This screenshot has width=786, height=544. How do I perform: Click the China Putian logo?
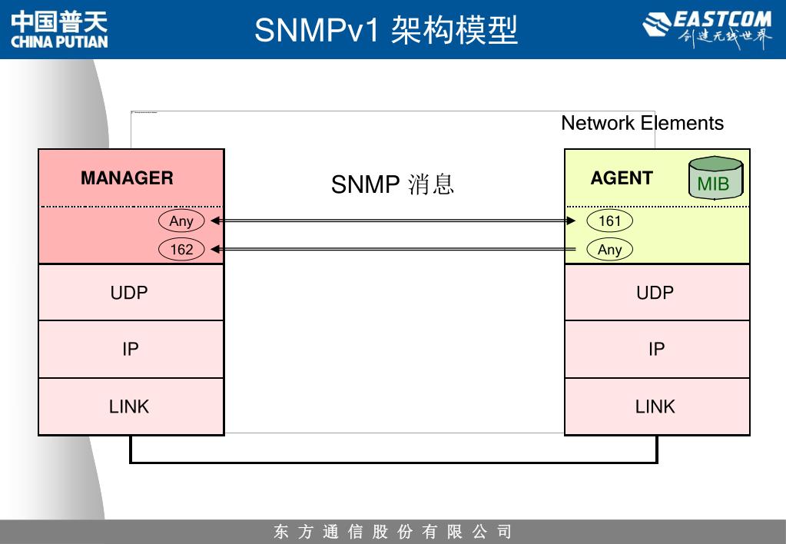click(59, 30)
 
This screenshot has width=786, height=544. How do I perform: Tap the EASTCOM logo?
click(707, 30)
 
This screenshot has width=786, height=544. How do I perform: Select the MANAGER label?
click(127, 178)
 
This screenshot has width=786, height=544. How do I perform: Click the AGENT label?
click(622, 178)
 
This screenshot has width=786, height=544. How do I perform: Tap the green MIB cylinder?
click(714, 179)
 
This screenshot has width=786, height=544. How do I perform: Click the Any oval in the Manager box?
click(181, 221)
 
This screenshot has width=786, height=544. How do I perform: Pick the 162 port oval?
click(181, 250)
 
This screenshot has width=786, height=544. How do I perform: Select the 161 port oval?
click(609, 221)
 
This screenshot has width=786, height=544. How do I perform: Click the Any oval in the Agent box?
click(609, 250)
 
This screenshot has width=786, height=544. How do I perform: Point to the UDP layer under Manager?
click(129, 293)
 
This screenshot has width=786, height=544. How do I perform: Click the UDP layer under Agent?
click(655, 293)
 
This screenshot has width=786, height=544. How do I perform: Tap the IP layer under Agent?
click(656, 350)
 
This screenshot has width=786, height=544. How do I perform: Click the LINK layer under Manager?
click(129, 406)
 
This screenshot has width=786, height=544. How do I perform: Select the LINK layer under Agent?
click(655, 406)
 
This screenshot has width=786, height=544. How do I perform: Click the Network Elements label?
click(642, 123)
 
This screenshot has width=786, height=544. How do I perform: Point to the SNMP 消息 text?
click(393, 184)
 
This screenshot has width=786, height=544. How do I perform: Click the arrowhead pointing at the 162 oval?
click(215, 250)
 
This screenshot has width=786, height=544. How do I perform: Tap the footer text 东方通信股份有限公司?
click(393, 532)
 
